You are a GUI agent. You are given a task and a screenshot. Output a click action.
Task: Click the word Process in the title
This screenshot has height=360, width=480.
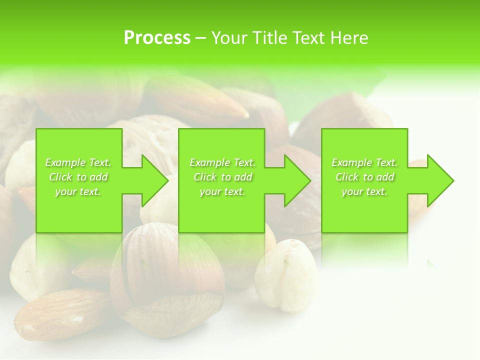(157, 38)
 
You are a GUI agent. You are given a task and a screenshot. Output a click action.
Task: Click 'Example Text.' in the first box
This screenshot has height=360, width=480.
(78, 162)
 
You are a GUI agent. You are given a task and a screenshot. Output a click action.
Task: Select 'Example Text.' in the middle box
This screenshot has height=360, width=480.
(222, 162)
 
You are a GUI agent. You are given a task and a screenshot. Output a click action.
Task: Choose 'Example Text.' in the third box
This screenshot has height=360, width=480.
(364, 162)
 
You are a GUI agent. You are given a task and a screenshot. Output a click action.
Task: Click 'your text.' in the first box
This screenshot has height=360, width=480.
(78, 191)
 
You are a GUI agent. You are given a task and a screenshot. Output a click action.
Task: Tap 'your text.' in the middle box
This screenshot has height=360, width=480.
(222, 191)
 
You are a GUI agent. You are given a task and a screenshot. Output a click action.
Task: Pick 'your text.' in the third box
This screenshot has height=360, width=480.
(364, 191)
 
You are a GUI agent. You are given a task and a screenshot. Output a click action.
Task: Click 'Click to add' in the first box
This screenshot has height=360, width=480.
(78, 177)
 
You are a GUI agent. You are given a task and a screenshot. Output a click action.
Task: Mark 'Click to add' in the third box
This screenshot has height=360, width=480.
(364, 177)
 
